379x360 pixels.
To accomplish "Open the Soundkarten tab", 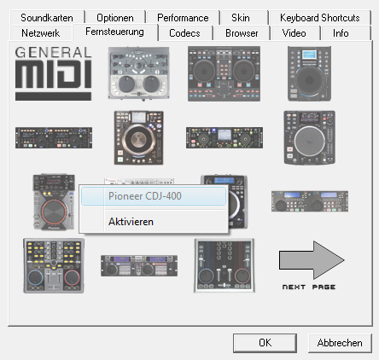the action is (x=47, y=18).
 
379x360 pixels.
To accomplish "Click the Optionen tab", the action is (x=115, y=18).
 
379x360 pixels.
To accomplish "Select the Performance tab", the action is (x=183, y=18).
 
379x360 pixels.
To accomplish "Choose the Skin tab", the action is (x=241, y=18).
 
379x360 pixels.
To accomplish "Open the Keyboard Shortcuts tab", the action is (x=320, y=18).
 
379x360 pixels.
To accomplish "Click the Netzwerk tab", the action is (x=41, y=33).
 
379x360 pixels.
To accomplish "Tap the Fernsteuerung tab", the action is (x=114, y=32).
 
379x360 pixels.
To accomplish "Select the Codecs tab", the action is (x=184, y=33).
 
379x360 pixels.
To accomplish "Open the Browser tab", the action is (x=242, y=33).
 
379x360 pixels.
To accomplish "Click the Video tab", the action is (x=294, y=33).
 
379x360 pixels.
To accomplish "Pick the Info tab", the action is (x=341, y=33).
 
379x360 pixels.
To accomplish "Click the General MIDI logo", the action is (x=53, y=73).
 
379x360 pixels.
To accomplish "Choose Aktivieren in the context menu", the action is (x=131, y=222).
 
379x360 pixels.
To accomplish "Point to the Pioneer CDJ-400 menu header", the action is (x=145, y=196).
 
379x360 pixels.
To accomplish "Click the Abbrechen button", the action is (x=340, y=343).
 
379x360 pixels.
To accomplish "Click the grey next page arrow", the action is (x=312, y=260).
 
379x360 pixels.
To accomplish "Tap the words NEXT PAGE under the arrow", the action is (x=309, y=287).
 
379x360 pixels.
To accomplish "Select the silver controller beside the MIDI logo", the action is (x=139, y=73).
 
